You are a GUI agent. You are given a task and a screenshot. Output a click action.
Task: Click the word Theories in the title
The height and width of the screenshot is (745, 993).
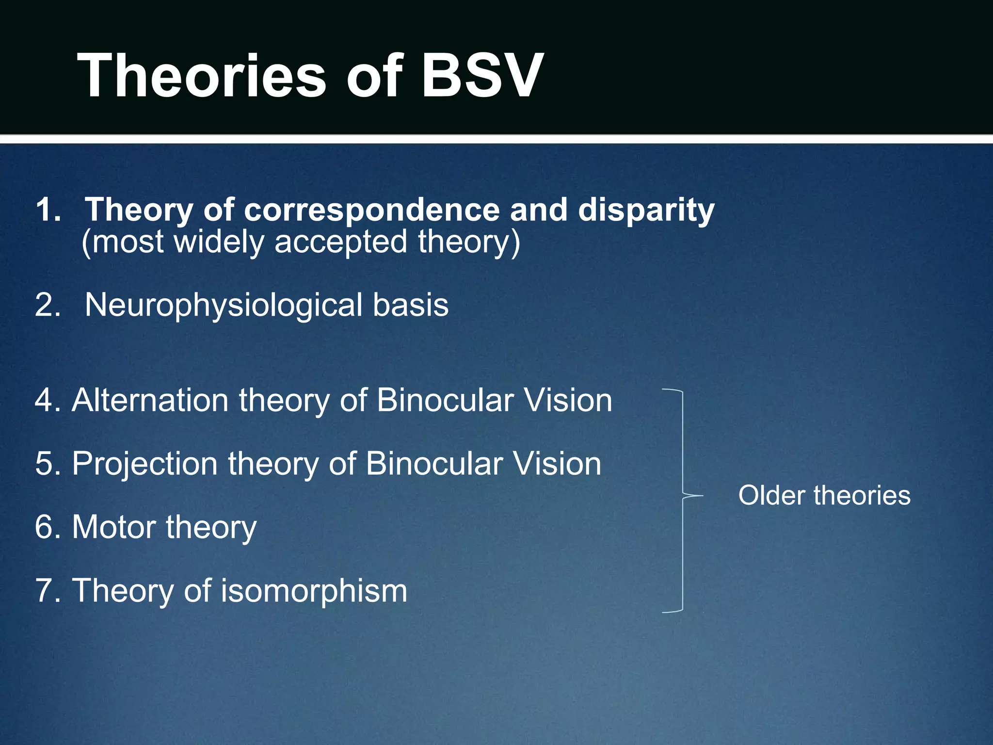(x=201, y=77)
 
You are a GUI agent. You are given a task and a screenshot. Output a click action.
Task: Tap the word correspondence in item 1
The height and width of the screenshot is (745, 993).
(x=371, y=210)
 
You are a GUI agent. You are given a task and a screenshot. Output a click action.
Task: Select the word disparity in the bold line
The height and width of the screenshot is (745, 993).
(x=646, y=211)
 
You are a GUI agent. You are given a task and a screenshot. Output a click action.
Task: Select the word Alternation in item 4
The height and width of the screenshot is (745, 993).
(x=150, y=401)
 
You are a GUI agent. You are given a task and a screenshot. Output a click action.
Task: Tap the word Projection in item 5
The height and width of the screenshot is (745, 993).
(x=144, y=464)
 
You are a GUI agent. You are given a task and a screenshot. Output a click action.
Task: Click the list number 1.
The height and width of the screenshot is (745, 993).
(x=48, y=210)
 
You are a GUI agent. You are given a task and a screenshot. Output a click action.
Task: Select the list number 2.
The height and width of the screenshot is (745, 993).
(x=48, y=306)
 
